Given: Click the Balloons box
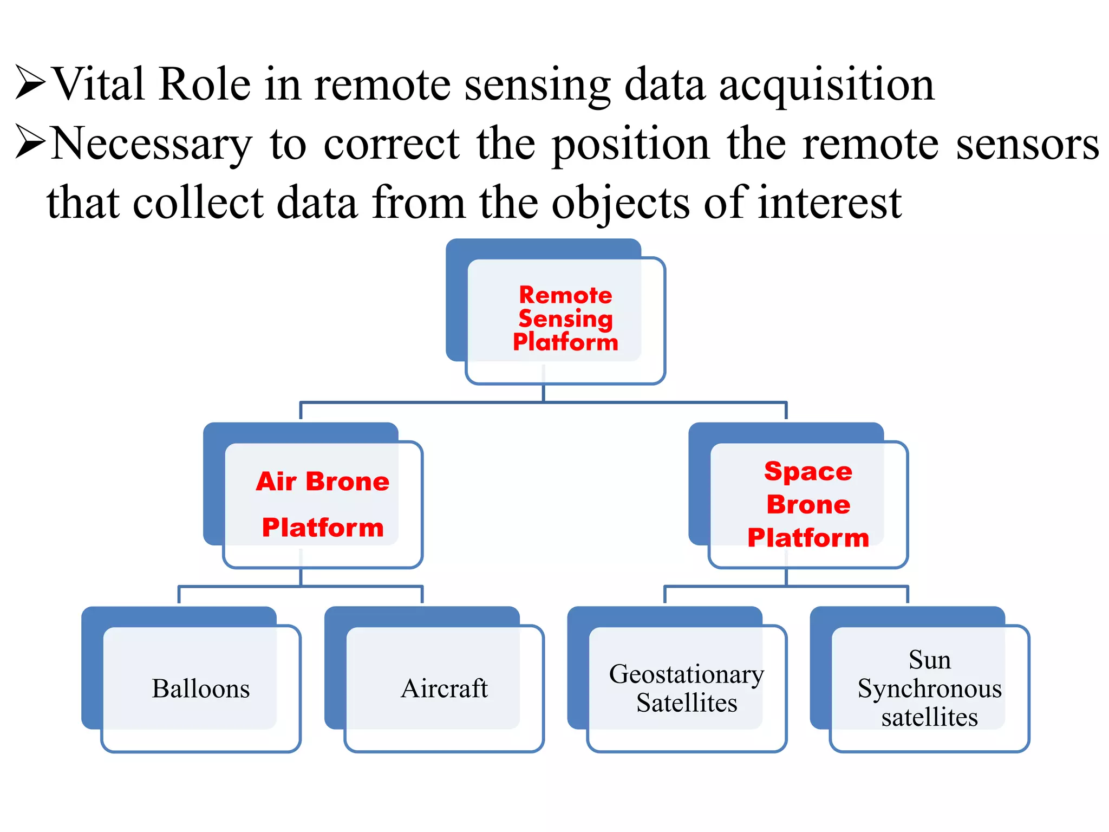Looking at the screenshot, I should coord(201,688).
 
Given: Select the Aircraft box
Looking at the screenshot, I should coord(444,688).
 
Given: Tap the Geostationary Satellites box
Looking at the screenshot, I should coord(687,688).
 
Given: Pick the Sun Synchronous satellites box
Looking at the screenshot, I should coord(929,688).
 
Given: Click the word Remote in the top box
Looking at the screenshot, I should coord(565,295).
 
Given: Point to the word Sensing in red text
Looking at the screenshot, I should coord(565,318).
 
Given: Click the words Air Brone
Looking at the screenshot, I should coord(323,482).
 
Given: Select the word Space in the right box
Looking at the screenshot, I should coord(808,471).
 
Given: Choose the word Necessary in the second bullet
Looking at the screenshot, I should coord(152,144).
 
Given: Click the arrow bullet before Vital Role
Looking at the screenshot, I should coord(30,82).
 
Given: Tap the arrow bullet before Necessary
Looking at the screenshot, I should coord(30,141).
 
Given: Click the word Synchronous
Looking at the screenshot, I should coord(929,689).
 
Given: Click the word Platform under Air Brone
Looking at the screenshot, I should coord(323,528).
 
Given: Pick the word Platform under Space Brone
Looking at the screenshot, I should coord(808,538).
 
